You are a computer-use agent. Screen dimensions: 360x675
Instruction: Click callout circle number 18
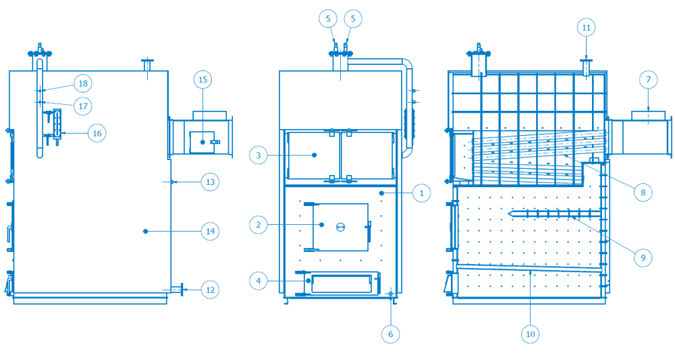(83, 84)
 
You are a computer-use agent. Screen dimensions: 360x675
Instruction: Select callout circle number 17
(83, 106)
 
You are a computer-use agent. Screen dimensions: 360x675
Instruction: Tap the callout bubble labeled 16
(97, 134)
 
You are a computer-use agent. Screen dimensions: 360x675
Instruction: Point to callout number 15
(202, 80)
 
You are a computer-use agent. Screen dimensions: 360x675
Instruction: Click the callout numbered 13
(211, 182)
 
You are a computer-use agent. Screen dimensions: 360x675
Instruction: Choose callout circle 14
(211, 231)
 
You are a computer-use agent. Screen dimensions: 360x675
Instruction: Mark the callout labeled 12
(211, 290)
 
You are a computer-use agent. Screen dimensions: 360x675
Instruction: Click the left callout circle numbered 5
(328, 19)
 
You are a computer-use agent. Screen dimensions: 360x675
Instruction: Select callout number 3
(259, 155)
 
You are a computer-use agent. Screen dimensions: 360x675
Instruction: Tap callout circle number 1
(421, 193)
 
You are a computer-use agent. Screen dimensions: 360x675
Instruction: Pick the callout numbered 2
(259, 224)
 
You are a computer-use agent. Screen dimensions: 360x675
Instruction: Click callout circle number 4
(259, 279)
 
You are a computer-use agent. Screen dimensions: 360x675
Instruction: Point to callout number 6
(390, 333)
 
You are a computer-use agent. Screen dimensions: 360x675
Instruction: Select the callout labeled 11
(586, 28)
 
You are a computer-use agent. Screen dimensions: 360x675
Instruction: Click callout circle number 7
(648, 80)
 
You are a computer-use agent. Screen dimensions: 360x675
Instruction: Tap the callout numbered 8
(643, 192)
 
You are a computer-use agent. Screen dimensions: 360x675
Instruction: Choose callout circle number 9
(643, 257)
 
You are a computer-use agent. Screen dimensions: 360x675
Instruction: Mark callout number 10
(530, 333)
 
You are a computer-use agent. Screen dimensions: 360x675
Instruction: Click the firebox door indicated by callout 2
(340, 227)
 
